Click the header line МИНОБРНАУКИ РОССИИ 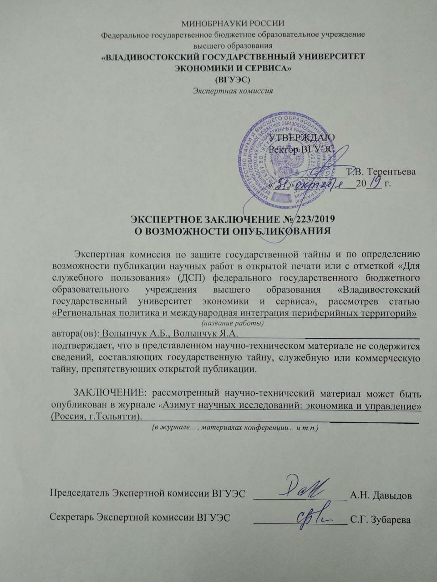pyautogui.click(x=233, y=24)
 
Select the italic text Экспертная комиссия pyautogui.click(x=233, y=90)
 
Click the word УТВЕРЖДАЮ pyautogui.click(x=302, y=137)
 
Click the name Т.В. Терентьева pyautogui.click(x=381, y=171)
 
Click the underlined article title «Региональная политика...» pyautogui.click(x=235, y=313)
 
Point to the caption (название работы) pyautogui.click(x=233, y=323)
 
